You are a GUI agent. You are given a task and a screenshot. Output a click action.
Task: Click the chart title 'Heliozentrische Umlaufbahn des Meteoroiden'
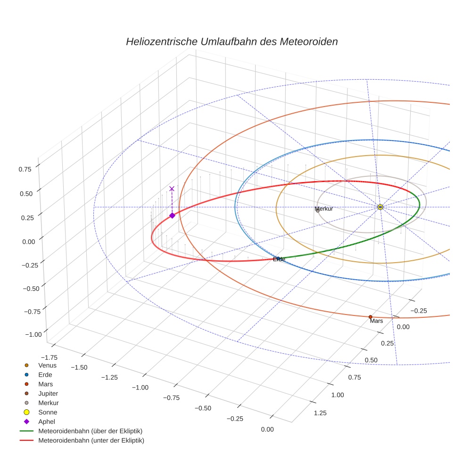tap(232, 41)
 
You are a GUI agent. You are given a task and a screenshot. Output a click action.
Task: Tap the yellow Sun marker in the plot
tap(380, 207)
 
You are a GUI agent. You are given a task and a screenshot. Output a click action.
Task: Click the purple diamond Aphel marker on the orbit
tap(172, 215)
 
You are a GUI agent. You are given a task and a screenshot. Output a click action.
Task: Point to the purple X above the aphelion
tap(172, 189)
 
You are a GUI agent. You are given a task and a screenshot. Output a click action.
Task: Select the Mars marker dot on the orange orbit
tap(370, 317)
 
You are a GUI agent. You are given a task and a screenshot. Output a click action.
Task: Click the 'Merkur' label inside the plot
tap(324, 208)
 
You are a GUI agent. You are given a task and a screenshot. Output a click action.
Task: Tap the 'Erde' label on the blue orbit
tap(279, 259)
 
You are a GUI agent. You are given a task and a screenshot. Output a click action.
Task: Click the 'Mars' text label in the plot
tap(376, 321)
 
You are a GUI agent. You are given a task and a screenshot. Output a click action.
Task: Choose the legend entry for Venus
tap(47, 365)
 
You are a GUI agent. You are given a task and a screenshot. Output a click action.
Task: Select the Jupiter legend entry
tap(49, 393)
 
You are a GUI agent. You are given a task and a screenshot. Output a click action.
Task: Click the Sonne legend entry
tap(48, 412)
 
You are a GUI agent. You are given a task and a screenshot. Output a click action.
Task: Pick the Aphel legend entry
tap(47, 422)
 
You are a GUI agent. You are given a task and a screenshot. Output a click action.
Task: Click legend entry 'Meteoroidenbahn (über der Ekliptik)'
tap(90, 431)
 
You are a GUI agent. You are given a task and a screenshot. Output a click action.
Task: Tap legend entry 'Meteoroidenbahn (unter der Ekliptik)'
tap(91, 440)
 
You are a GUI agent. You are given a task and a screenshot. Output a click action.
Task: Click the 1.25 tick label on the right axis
tap(320, 413)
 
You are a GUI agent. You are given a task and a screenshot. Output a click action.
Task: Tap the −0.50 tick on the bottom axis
tap(204, 407)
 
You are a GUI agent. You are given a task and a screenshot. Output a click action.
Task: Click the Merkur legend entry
tap(49, 403)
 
